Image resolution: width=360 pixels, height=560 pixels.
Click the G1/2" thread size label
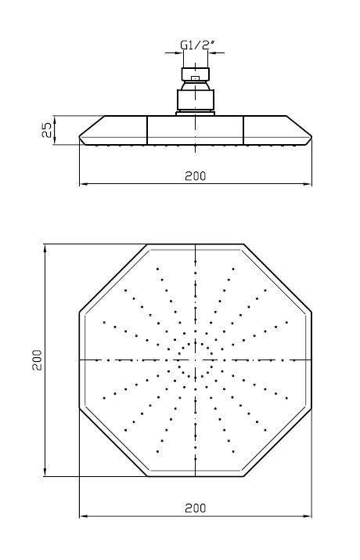[197, 45]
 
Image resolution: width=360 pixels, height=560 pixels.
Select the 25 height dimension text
[47, 130]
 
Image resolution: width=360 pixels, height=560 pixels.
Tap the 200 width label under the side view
[196, 175]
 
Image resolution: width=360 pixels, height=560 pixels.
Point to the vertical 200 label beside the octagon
[37, 360]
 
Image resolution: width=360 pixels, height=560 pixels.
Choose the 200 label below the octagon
[196, 508]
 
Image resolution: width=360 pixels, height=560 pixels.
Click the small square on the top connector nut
[195, 78]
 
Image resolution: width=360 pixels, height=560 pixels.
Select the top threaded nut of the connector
[196, 74]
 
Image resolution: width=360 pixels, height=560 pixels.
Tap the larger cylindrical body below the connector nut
[196, 100]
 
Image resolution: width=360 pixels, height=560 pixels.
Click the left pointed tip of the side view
[79, 137]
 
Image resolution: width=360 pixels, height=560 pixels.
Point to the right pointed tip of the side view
[311, 137]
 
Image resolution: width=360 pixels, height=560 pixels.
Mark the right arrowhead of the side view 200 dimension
[308, 184]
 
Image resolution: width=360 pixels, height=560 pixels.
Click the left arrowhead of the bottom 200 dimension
[84, 515]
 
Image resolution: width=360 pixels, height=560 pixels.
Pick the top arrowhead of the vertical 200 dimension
[45, 249]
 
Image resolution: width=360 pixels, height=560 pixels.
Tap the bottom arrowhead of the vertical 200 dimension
[45, 471]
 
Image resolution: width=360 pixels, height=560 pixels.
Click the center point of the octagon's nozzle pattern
[196, 360]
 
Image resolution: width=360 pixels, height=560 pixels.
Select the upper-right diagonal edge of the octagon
[278, 278]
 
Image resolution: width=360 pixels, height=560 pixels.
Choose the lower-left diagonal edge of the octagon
[113, 443]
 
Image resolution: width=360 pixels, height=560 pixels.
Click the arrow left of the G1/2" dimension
[174, 53]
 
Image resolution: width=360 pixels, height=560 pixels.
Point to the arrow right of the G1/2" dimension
[216, 53]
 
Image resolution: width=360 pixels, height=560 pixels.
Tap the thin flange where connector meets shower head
[196, 114]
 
